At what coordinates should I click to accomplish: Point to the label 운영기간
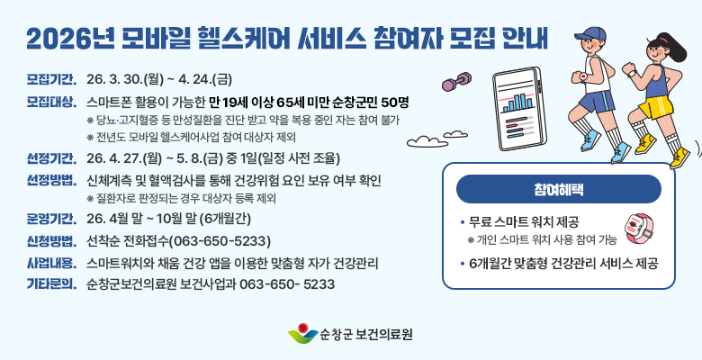point(51,219)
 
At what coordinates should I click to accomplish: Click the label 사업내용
point(51,264)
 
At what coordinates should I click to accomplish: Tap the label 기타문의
point(51,284)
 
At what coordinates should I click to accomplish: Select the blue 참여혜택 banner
point(559,189)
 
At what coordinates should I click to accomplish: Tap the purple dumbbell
point(454,84)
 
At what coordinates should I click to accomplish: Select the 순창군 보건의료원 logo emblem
point(302,335)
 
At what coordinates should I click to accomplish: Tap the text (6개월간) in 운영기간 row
point(229,219)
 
